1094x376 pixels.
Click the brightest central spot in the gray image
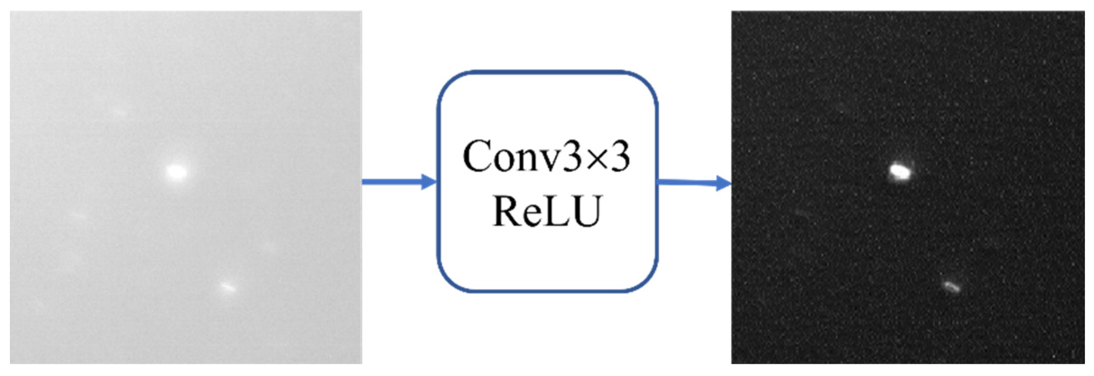[176, 172]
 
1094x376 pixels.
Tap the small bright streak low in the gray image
[228, 287]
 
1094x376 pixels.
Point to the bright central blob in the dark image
[900, 172]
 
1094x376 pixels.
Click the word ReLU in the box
[547, 211]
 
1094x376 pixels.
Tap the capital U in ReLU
[586, 211]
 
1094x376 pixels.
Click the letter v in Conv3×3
[547, 160]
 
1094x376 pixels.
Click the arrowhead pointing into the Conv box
[429, 182]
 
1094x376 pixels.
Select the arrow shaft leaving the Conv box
[686, 183]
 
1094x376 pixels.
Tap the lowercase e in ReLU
[532, 214]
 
